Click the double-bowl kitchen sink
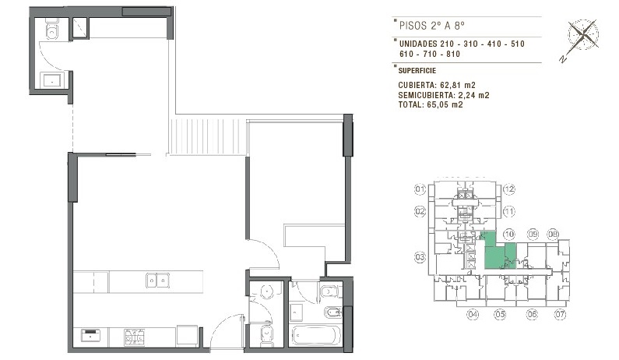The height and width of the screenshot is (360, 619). point(157,281)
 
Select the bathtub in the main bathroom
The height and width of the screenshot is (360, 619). point(316,336)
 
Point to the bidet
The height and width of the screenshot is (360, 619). point(331,313)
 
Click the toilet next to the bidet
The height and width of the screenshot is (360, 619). point(330,292)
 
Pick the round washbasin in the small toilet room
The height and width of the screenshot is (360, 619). point(268,292)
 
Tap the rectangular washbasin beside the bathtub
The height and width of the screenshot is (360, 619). point(296,312)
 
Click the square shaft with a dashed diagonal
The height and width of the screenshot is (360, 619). point(80,27)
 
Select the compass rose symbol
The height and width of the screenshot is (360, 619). point(583,35)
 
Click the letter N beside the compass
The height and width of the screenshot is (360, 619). point(563,59)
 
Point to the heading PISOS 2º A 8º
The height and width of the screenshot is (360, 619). point(432,26)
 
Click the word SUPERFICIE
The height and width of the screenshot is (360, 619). point(417,71)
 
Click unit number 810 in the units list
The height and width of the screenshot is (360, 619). point(453,54)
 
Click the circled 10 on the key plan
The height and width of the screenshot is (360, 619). point(509,235)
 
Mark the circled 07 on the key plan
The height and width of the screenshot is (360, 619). point(560,315)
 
